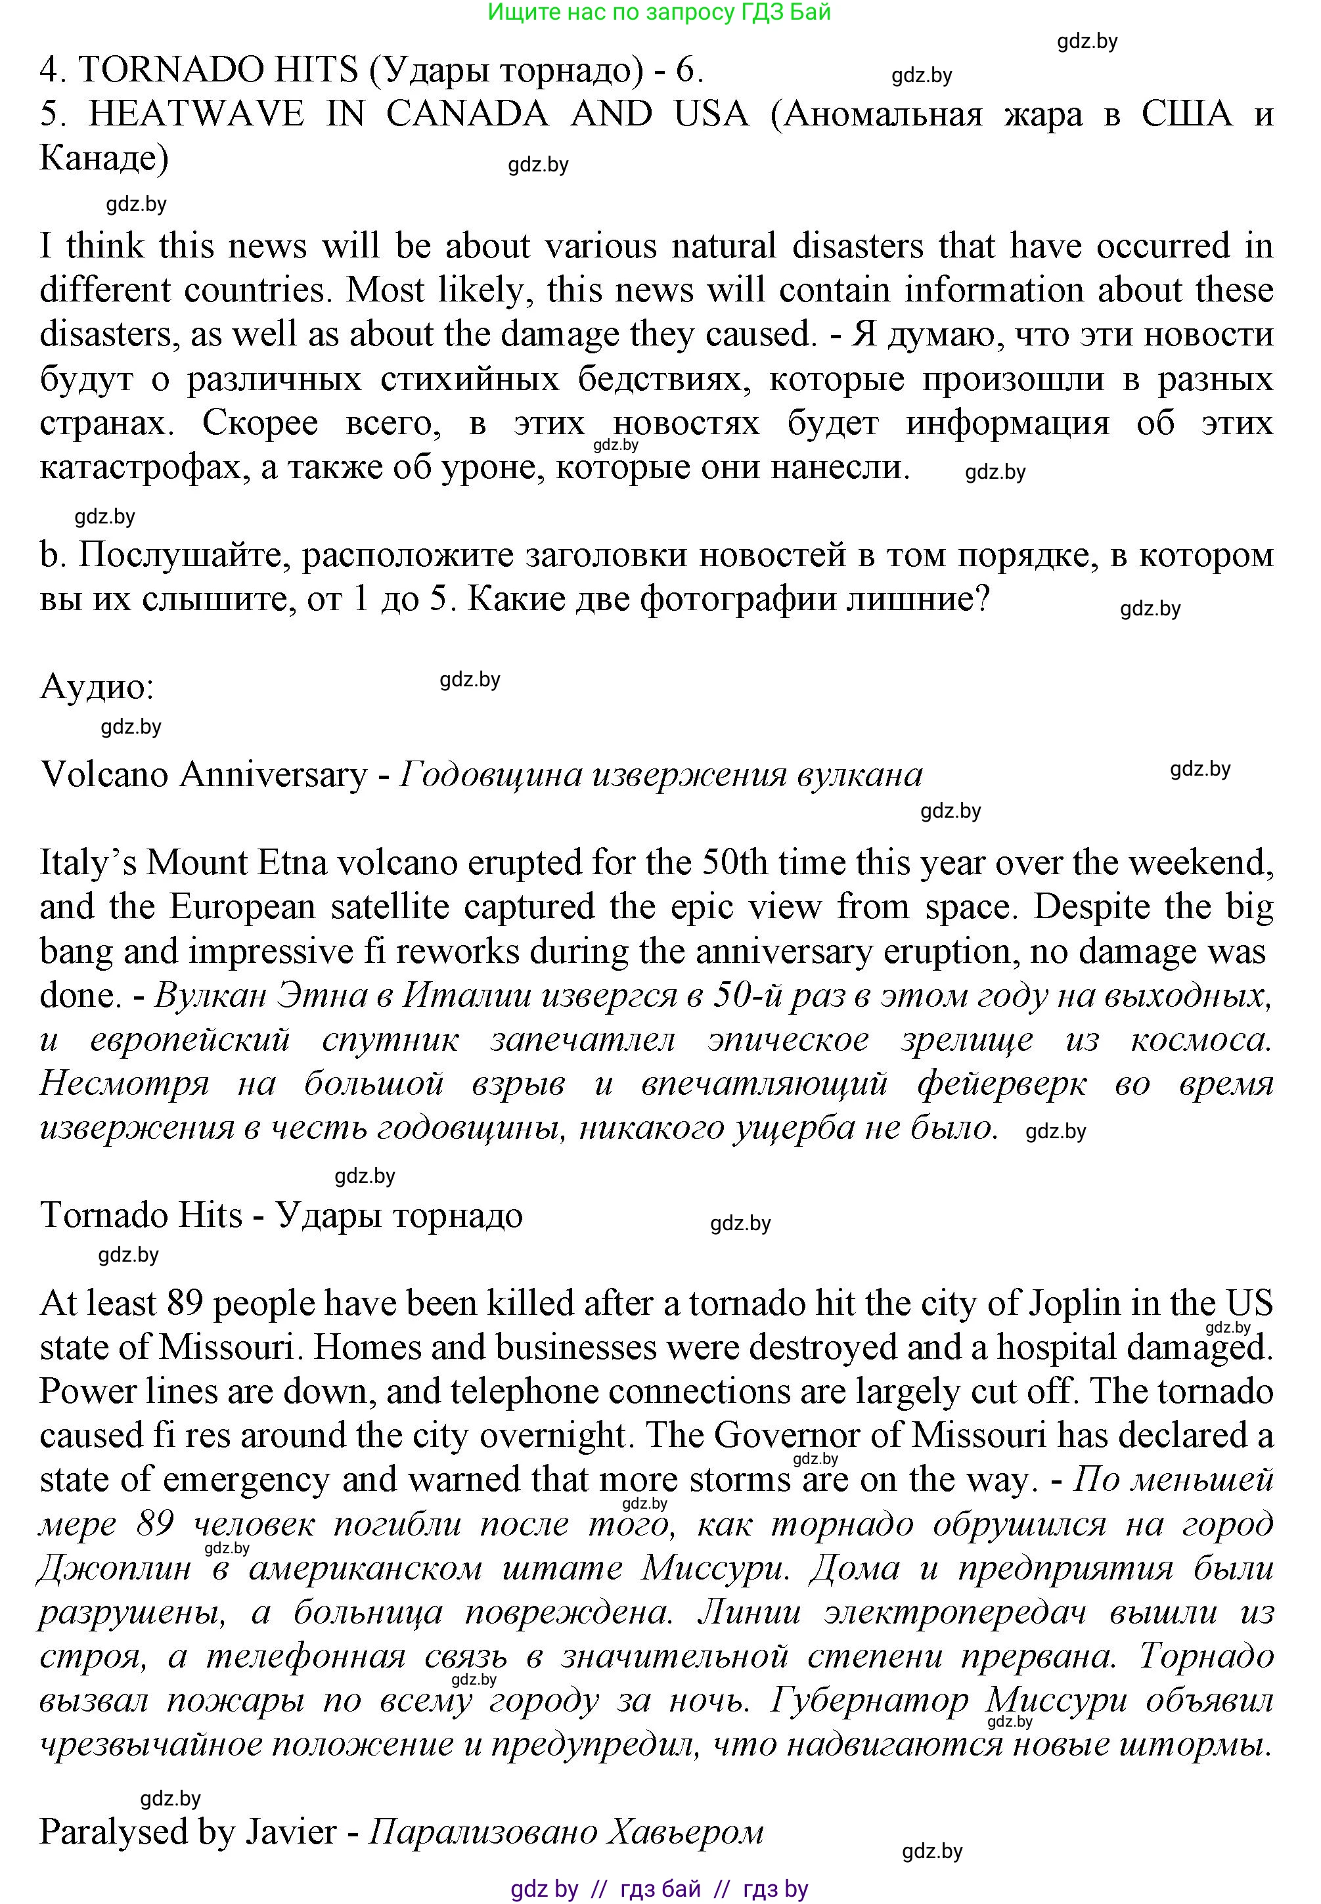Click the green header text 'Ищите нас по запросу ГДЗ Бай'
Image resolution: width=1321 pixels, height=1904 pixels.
[659, 12]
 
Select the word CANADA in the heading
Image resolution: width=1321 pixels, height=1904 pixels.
[467, 114]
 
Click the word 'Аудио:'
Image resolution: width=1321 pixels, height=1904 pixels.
[97, 687]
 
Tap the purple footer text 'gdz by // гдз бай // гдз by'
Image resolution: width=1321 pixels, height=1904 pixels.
[659, 1889]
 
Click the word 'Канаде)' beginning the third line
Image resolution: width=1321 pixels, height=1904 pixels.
[104, 158]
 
